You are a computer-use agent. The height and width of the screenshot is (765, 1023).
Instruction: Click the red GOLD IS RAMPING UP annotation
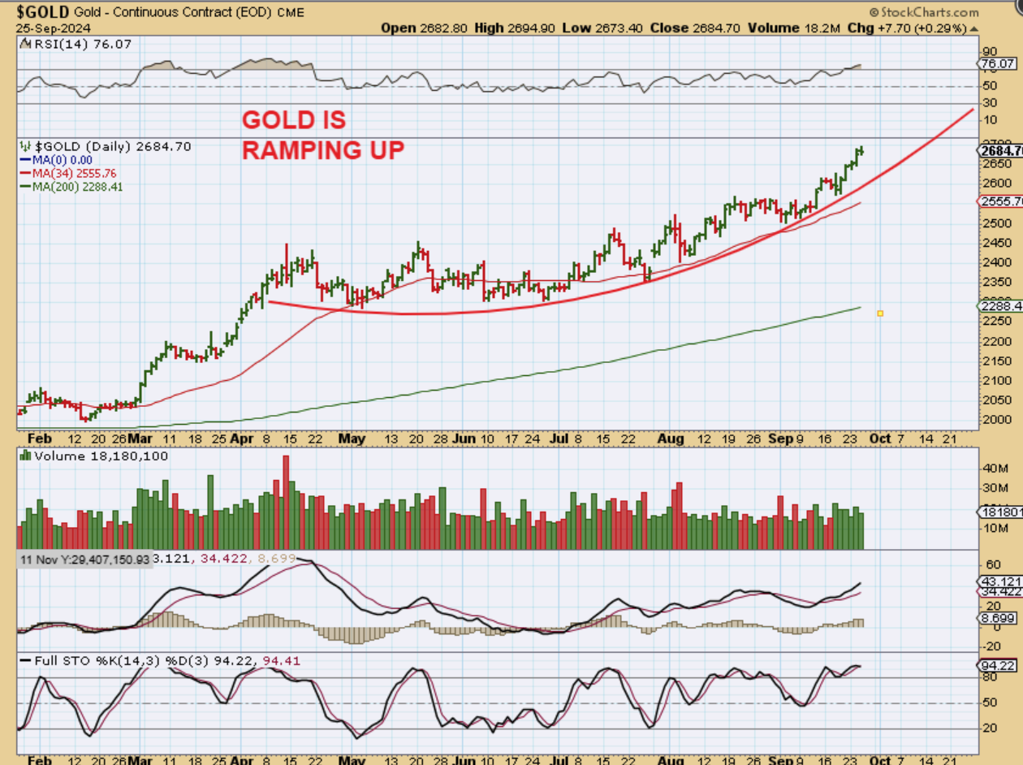[322, 135]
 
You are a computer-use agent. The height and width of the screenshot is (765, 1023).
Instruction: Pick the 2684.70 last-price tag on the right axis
[999, 150]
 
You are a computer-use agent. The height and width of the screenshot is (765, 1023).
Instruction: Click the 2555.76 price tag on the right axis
[999, 201]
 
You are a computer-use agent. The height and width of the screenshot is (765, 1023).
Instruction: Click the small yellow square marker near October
[880, 313]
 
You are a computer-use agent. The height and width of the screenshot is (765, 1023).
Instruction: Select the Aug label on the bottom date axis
[670, 439]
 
